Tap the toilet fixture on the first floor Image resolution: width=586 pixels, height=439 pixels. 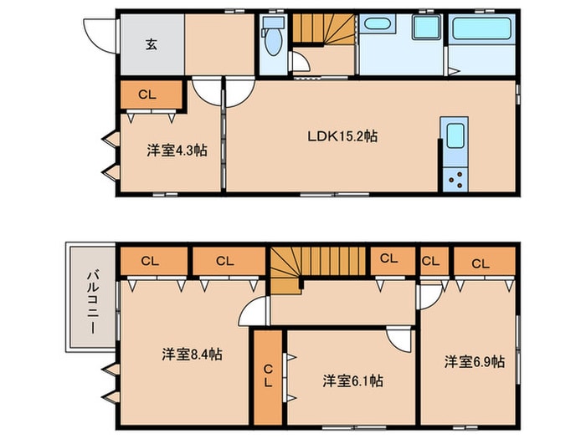pyautogui.click(x=272, y=38)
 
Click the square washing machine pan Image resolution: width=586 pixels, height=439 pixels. pyautogui.click(x=427, y=28)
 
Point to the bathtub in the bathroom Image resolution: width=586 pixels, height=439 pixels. pyautogui.click(x=483, y=31)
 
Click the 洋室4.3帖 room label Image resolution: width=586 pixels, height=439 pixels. pyautogui.click(x=177, y=151)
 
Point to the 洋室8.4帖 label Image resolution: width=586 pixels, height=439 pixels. pyautogui.click(x=192, y=355)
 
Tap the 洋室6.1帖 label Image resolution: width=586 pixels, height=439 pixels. pyautogui.click(x=353, y=380)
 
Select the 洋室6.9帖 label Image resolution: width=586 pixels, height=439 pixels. pyautogui.click(x=475, y=361)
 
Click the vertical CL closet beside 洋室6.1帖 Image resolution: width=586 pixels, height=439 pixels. pyautogui.click(x=268, y=377)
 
